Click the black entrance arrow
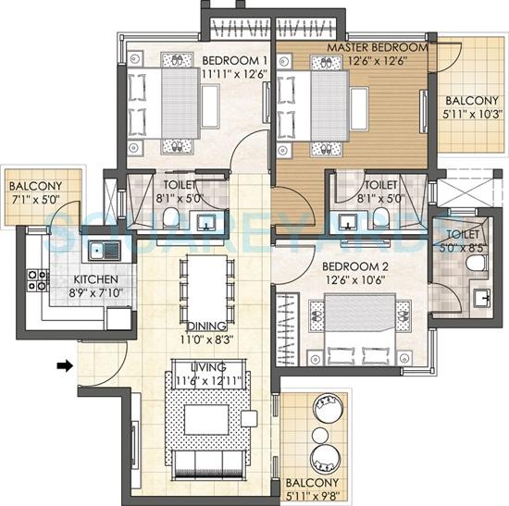point(64,365)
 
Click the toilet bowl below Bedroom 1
point(170,216)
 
